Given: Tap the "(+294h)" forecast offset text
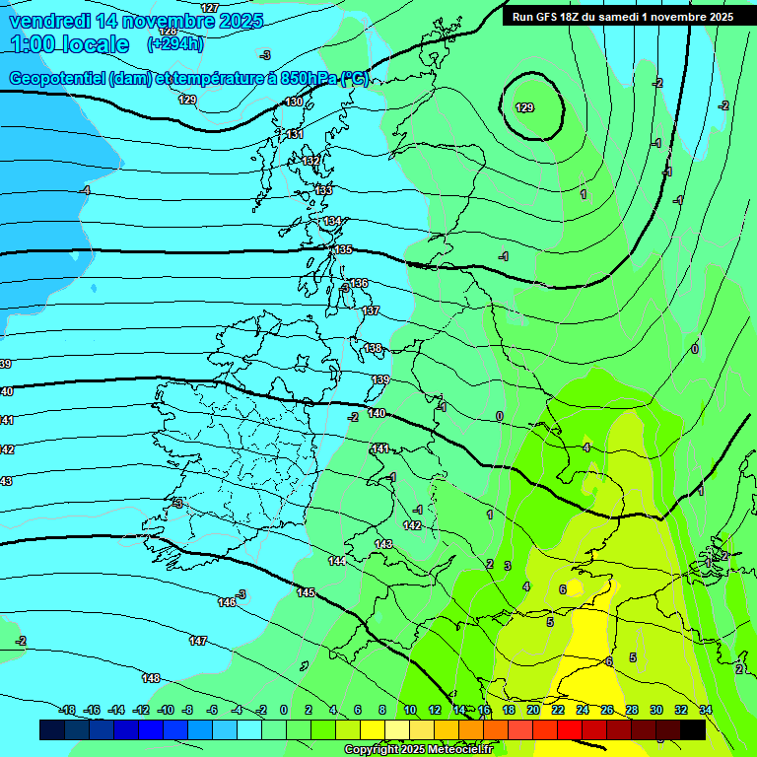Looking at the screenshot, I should coord(175,43).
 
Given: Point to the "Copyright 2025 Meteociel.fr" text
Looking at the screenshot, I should coord(418,750).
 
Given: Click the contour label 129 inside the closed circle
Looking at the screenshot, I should coord(525,107).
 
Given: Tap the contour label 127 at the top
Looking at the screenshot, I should coord(210,8).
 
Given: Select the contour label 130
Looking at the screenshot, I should coord(294,103).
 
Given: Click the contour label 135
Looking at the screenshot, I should coord(343,250).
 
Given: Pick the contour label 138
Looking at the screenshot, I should coord(373,348).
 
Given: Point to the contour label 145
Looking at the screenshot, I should coord(306,592).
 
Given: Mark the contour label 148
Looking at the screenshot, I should coord(151,678).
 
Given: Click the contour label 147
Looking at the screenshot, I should coord(198,641).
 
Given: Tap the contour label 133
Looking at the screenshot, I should coord(323,189).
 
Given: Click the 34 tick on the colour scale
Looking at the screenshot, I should coord(706,710).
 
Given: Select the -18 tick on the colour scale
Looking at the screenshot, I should coord(68,710).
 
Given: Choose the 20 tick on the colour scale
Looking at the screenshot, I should coord(533,710).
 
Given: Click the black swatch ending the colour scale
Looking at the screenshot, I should coord(693,729).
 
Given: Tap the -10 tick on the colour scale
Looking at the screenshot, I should coord(166,710).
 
